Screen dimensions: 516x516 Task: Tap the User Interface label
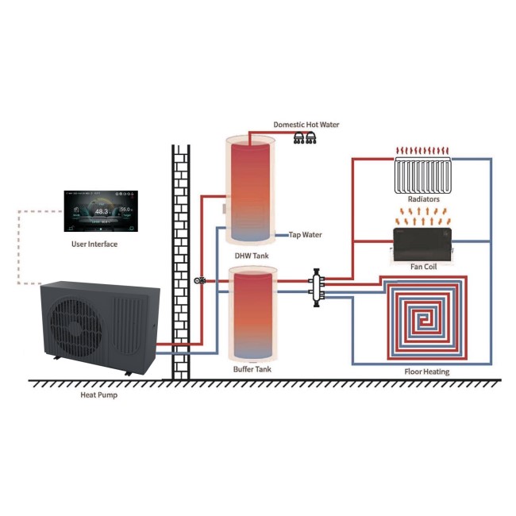(94, 244)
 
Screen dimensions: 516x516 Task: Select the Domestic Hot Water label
(305, 125)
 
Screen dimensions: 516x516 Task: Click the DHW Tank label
(250, 256)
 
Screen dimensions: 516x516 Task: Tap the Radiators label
(422, 199)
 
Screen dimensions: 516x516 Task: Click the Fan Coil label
(422, 266)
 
